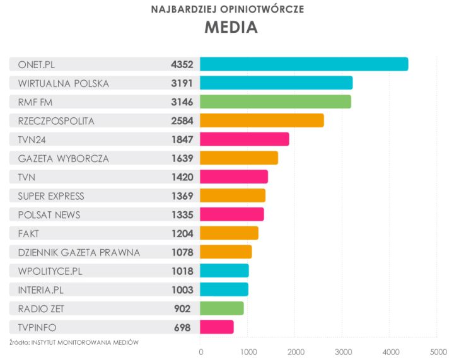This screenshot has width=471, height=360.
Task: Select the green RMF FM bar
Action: pyautogui.click(x=276, y=102)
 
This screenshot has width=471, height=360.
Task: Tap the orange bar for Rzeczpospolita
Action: pyautogui.click(x=262, y=120)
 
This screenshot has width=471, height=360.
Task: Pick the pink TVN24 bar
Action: pyautogui.click(x=245, y=139)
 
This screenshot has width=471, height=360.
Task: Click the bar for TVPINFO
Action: pyautogui.click(x=217, y=327)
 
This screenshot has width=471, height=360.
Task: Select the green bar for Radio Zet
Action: pyautogui.click(x=222, y=308)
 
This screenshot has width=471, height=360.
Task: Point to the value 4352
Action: pyautogui.click(x=182, y=64)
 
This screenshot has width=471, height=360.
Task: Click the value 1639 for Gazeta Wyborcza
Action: pyautogui.click(x=182, y=158)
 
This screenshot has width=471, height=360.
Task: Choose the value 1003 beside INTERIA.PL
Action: pyautogui.click(x=182, y=289)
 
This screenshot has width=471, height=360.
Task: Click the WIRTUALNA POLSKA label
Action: pyautogui.click(x=63, y=83)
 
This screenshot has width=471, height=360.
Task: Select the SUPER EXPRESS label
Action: pyautogui.click(x=50, y=196)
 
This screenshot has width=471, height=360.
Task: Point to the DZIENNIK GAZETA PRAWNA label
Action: pyautogui.click(x=79, y=252)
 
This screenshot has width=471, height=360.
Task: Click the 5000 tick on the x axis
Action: pyautogui.click(x=438, y=351)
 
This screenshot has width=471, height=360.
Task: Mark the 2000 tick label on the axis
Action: pyautogui.click(x=295, y=351)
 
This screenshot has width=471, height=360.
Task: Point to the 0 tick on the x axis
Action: pyautogui.click(x=201, y=351)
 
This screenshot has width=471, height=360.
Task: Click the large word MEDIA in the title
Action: pyautogui.click(x=231, y=28)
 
